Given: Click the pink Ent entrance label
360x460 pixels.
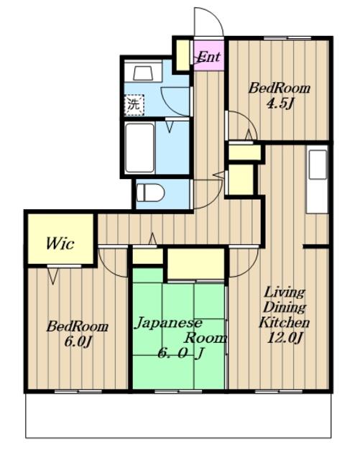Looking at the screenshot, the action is coord(208,57).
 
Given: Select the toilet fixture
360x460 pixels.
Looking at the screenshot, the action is coord(150,193).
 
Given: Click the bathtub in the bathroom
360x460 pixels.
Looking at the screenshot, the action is coord(139,148).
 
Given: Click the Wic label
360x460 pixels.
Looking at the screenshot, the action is coord(60,243).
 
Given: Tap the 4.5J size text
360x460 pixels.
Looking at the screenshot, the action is coord(280,103).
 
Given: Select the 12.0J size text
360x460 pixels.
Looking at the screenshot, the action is coord(285,339).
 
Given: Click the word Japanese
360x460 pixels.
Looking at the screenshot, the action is coord(168,323).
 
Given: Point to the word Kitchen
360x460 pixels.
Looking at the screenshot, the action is coord(284,323).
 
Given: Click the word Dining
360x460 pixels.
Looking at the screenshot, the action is coord(285,308).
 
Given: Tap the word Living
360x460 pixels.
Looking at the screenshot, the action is coord(285,293).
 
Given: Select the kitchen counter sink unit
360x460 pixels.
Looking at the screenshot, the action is coord(317,179).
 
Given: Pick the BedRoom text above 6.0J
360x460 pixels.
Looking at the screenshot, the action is coord(77,326).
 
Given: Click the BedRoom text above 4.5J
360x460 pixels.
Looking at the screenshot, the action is coord(279,88).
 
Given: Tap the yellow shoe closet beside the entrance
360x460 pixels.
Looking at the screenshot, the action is coord(183,55).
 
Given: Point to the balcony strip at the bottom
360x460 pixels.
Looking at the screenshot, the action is coord(178,415).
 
